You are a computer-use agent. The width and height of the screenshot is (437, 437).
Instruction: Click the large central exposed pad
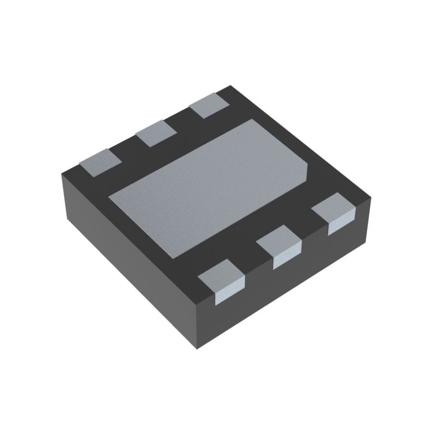coord(210,186)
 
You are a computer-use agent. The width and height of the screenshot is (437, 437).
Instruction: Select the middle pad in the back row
coord(156,133)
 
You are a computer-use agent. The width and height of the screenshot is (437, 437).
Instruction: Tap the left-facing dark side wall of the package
coord(126,257)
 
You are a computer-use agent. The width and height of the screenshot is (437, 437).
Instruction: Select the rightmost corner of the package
coord(371,198)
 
